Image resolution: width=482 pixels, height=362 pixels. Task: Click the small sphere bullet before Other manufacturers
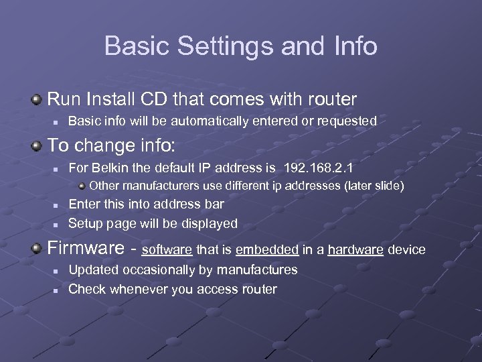(x=82, y=185)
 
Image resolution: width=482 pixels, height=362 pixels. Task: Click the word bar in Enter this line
(x=214, y=204)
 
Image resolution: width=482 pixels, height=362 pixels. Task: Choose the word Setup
(x=85, y=223)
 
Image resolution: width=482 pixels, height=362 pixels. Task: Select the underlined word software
(x=167, y=250)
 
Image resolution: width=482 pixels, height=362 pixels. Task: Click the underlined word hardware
(x=355, y=250)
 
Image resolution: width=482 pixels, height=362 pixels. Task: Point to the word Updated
(x=90, y=269)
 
